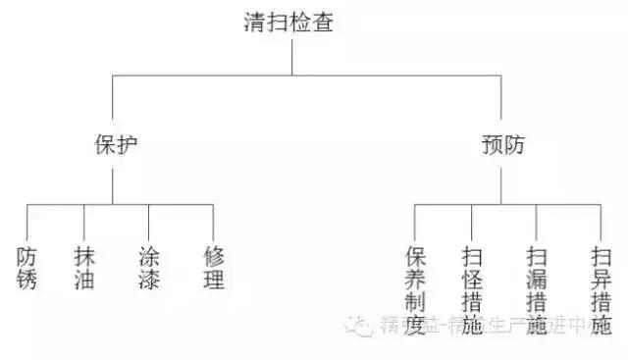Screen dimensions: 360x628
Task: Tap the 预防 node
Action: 503,145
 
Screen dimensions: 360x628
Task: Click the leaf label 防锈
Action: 27,268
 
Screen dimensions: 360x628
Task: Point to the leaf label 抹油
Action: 85,268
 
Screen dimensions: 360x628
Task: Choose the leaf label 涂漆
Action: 150,268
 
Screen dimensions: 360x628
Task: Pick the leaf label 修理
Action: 214,268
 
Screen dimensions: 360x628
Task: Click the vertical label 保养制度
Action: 415,290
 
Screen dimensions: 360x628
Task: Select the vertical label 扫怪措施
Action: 472,290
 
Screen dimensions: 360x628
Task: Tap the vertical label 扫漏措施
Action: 537,290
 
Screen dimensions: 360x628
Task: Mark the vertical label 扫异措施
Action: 601,290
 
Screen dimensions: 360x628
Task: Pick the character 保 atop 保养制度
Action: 415,257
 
